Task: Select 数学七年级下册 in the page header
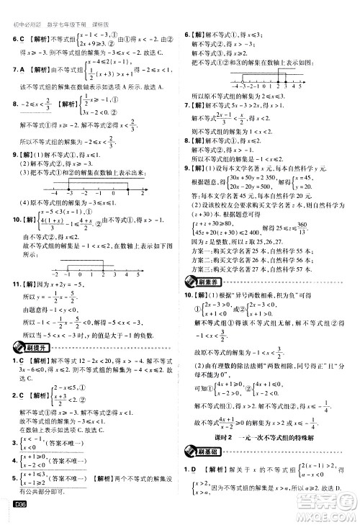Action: pos(68,7)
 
